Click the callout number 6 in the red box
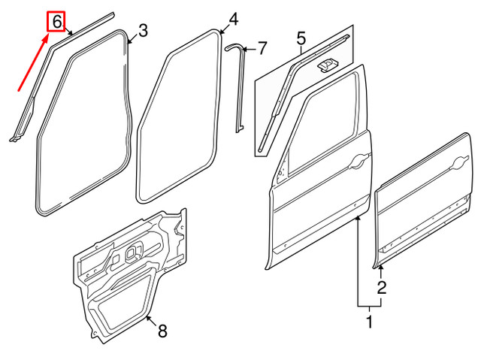point(58,21)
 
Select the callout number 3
point(143,30)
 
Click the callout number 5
point(301,37)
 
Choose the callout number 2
point(382,287)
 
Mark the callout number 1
point(369,322)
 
